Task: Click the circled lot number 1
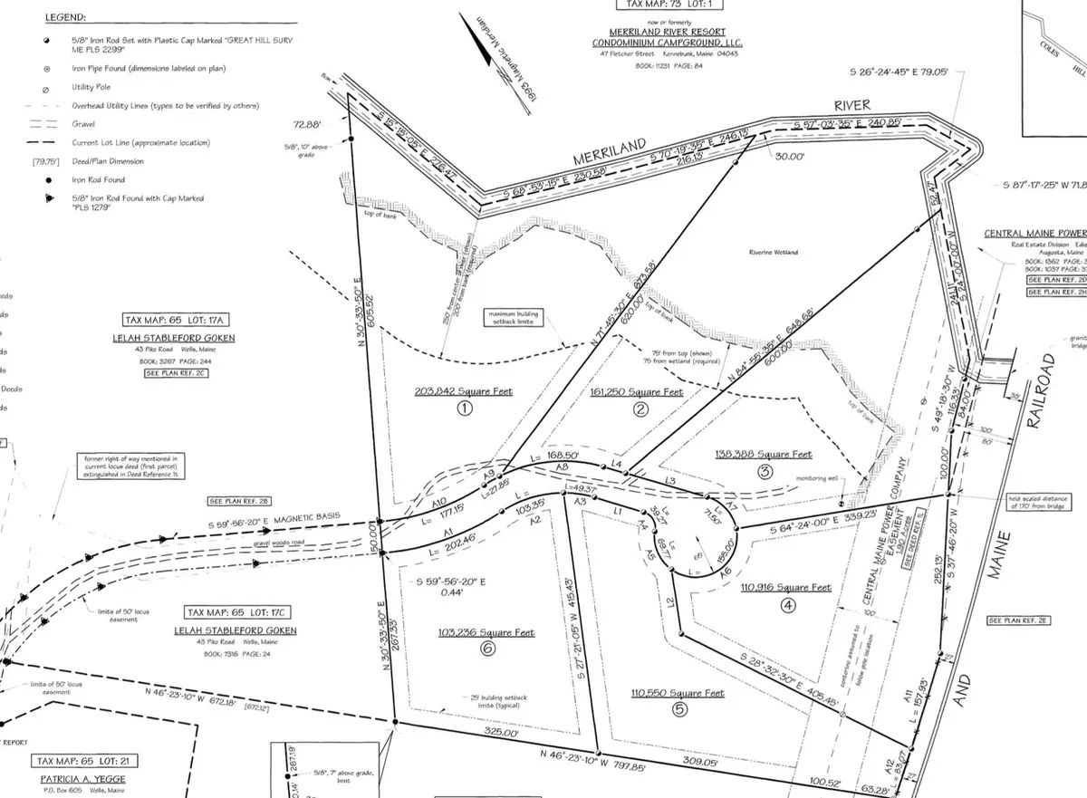coord(465,409)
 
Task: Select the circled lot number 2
coord(640,409)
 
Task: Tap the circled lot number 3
coord(765,471)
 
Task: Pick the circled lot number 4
coord(787,605)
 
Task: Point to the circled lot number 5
coord(679,710)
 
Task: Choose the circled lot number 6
coord(488,649)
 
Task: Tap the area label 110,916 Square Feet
coord(785,588)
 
